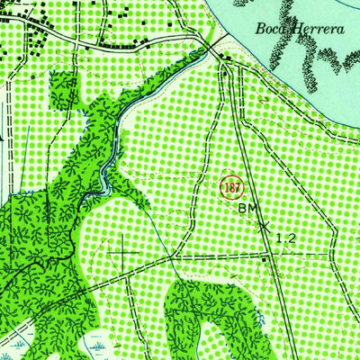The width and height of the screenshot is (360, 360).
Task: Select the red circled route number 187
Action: (229, 187)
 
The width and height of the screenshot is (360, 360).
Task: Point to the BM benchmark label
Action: (248, 210)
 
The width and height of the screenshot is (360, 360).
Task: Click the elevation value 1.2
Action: (285, 238)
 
